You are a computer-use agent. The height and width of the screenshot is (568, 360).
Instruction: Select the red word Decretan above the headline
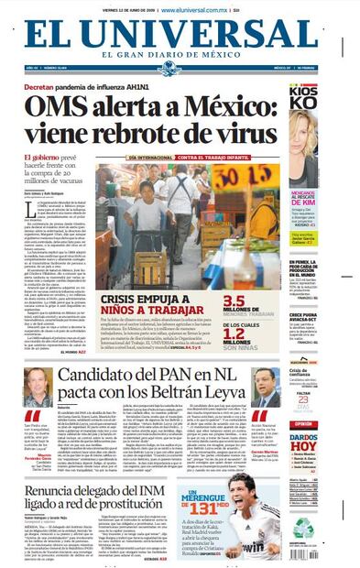[46, 86]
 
